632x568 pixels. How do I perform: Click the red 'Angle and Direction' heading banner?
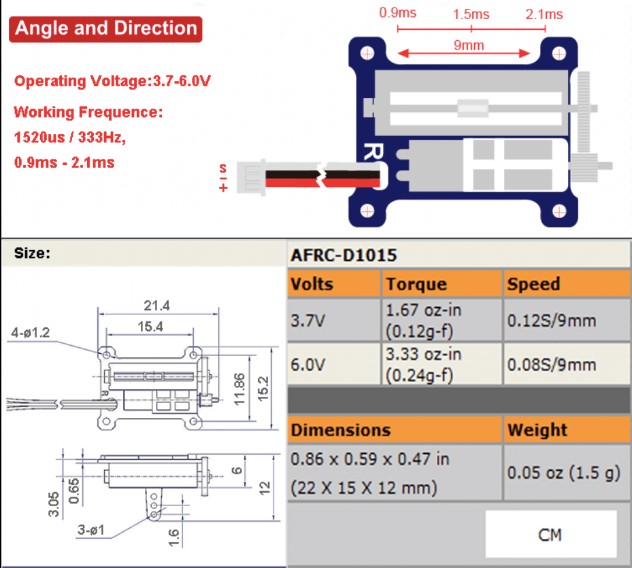(x=106, y=29)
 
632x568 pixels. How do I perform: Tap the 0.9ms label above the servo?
(x=397, y=13)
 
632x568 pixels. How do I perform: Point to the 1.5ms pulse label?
(x=471, y=14)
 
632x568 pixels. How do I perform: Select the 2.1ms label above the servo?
(x=544, y=14)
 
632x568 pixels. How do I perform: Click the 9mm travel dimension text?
(x=469, y=46)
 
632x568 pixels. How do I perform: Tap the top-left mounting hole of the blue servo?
(x=368, y=52)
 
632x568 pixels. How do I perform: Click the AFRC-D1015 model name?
(x=344, y=255)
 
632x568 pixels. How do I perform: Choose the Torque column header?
(x=416, y=284)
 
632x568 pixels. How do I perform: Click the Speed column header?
(x=533, y=284)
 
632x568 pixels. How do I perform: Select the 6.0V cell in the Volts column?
(x=308, y=365)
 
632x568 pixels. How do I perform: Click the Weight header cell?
(x=537, y=430)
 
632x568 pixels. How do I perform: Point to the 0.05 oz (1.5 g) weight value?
(x=564, y=473)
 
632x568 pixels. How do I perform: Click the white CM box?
(x=550, y=535)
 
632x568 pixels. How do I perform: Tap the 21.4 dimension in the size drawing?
(x=156, y=306)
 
